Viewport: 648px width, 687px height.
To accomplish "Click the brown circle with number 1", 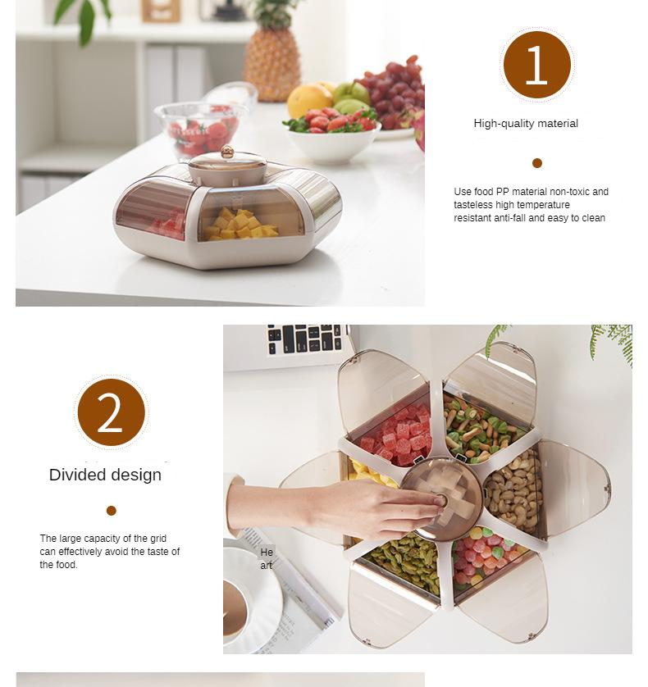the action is [x=537, y=65].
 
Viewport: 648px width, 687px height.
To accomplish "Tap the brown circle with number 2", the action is [x=112, y=412].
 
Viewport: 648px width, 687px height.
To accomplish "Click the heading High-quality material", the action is [x=526, y=124].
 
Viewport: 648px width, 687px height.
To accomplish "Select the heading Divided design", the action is [x=105, y=475].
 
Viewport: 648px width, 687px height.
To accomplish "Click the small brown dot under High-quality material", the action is [x=537, y=163].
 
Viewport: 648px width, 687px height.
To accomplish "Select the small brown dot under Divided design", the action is [x=112, y=511].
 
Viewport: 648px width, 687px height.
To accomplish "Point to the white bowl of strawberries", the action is [x=332, y=137].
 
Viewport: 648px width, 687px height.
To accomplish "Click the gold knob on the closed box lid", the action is [x=226, y=152].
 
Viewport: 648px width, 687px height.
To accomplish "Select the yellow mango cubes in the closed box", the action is [x=240, y=225].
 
